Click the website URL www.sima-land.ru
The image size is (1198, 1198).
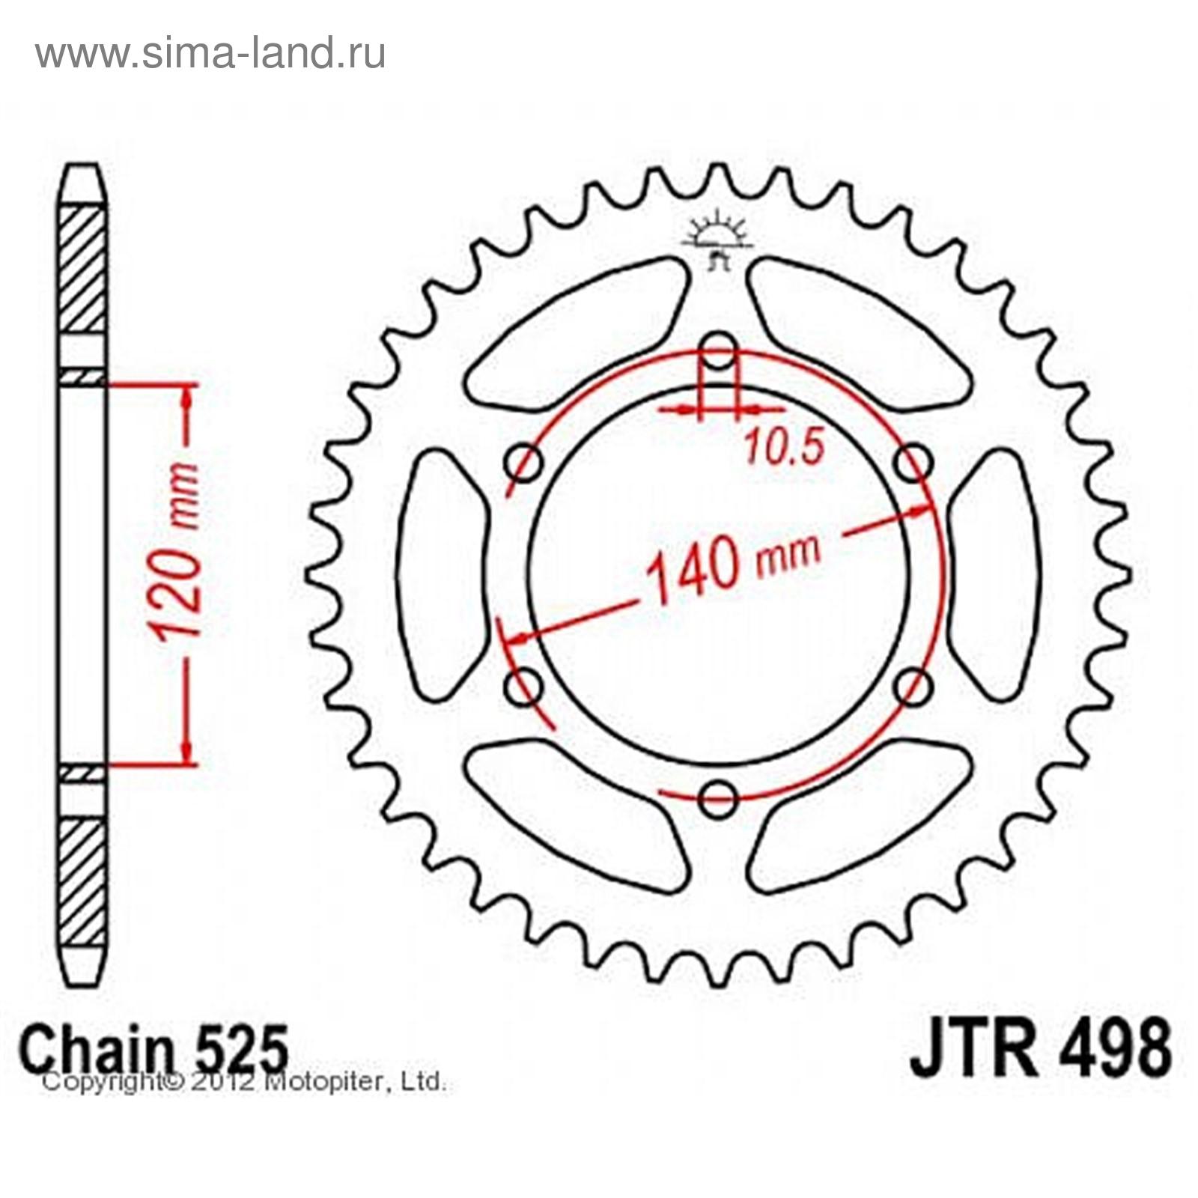click(x=210, y=54)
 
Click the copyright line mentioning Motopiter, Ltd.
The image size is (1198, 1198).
click(x=244, y=1083)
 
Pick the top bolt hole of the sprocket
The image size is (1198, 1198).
click(x=720, y=351)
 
